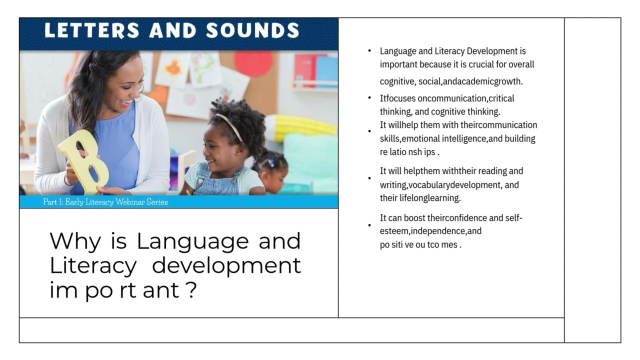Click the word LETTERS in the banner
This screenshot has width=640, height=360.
(92, 31)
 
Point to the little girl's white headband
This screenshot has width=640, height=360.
(229, 125)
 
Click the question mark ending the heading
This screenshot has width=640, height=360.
(190, 290)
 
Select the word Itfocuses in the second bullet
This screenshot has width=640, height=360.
(397, 98)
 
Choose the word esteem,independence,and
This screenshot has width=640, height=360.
(430, 231)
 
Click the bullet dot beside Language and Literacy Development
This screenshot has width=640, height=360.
(369, 51)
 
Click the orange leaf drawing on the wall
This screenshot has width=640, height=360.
(173, 68)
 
